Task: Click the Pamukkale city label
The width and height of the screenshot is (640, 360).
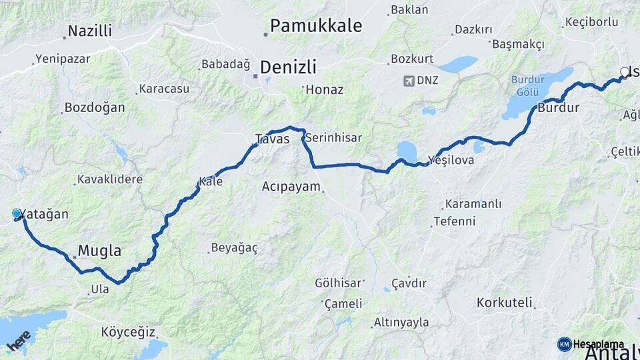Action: (316, 26)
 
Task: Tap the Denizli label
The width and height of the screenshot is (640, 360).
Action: (288, 67)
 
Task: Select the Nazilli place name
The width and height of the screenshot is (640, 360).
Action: (90, 31)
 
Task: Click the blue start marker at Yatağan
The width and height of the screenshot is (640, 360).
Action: (17, 213)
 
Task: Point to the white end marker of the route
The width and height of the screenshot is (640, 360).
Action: (625, 72)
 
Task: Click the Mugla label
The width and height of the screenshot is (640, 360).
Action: (100, 251)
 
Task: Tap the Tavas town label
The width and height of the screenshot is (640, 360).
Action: (273, 139)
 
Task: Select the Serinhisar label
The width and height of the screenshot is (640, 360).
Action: (333, 138)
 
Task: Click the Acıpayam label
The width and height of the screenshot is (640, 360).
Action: (291, 187)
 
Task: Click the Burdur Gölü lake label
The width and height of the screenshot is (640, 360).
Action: (528, 86)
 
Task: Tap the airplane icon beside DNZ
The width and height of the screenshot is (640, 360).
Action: (409, 81)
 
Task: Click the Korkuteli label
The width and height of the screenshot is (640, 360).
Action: (505, 303)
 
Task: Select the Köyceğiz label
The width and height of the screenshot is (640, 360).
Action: (128, 332)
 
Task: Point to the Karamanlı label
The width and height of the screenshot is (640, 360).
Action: (471, 205)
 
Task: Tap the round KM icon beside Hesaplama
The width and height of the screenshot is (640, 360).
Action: (565, 344)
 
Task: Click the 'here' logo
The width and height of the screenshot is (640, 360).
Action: (19, 341)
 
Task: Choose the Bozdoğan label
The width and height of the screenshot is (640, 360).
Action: (95, 107)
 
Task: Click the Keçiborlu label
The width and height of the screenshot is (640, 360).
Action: (591, 22)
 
